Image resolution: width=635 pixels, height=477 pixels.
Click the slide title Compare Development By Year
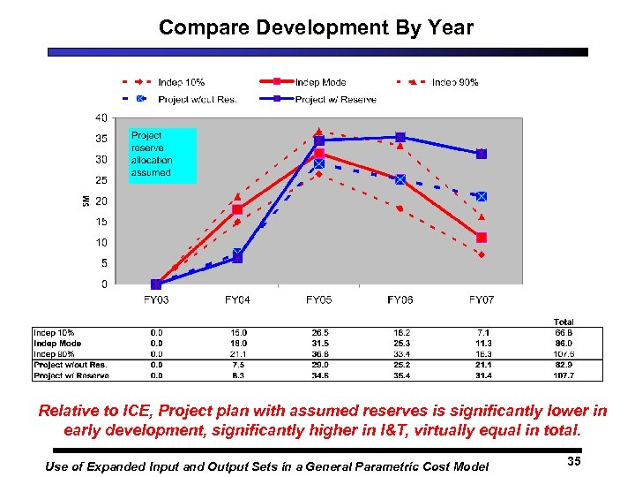point(316,27)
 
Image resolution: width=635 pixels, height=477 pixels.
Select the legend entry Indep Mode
point(320,82)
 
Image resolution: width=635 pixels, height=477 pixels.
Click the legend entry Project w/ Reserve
point(335,99)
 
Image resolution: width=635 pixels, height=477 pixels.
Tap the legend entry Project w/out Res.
point(197,99)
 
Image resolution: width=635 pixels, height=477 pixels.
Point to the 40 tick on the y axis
point(102,117)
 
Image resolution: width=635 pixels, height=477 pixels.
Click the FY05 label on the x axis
point(318,300)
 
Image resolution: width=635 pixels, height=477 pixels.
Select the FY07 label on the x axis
point(481,300)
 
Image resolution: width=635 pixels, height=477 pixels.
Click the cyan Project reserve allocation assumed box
point(161,155)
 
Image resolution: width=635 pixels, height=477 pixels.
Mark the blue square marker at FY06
point(400,137)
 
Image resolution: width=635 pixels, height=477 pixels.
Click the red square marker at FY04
point(237,209)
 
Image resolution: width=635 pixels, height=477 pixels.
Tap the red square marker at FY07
point(481,237)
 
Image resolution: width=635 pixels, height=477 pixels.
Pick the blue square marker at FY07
point(481,154)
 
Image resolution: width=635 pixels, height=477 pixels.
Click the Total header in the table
point(563,322)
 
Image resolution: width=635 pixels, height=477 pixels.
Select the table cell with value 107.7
point(563,375)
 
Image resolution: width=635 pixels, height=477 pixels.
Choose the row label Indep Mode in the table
point(58,343)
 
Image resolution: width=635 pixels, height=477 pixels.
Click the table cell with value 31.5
point(318,343)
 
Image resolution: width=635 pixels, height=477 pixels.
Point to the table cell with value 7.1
point(481,332)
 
